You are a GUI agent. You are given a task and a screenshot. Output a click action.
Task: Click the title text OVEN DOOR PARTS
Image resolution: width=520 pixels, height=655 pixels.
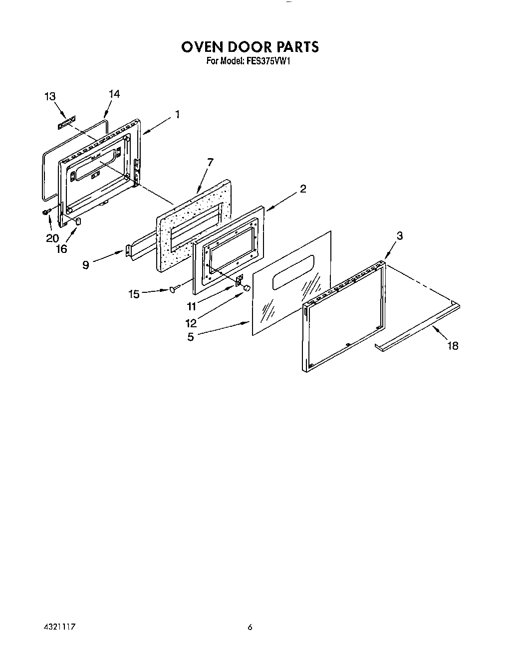(249, 47)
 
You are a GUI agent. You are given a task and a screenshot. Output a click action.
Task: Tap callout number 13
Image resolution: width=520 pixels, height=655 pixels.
(50, 97)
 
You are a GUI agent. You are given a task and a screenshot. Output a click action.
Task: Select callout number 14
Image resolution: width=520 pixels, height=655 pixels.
(114, 94)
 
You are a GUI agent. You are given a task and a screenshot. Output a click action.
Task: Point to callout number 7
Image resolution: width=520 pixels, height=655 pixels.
(210, 162)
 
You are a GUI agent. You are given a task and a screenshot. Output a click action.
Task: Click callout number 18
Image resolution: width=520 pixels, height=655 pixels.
(453, 346)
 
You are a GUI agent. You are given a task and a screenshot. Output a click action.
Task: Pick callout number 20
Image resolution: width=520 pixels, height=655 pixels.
(52, 238)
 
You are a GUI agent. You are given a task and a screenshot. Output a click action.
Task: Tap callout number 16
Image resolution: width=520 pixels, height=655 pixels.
(61, 249)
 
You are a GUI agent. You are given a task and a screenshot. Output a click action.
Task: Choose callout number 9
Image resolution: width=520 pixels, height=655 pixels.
(86, 265)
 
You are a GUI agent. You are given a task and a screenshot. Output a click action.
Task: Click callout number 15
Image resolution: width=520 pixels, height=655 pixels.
(134, 294)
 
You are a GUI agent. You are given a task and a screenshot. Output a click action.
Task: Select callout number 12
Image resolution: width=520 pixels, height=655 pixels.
(191, 323)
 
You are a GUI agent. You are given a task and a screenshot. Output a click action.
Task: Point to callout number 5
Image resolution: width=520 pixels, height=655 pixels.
(191, 337)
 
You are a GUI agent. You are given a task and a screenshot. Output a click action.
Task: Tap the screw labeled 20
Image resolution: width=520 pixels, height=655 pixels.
(46, 213)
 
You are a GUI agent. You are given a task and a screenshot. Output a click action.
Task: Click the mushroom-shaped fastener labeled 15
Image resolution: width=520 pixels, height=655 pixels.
(173, 288)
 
